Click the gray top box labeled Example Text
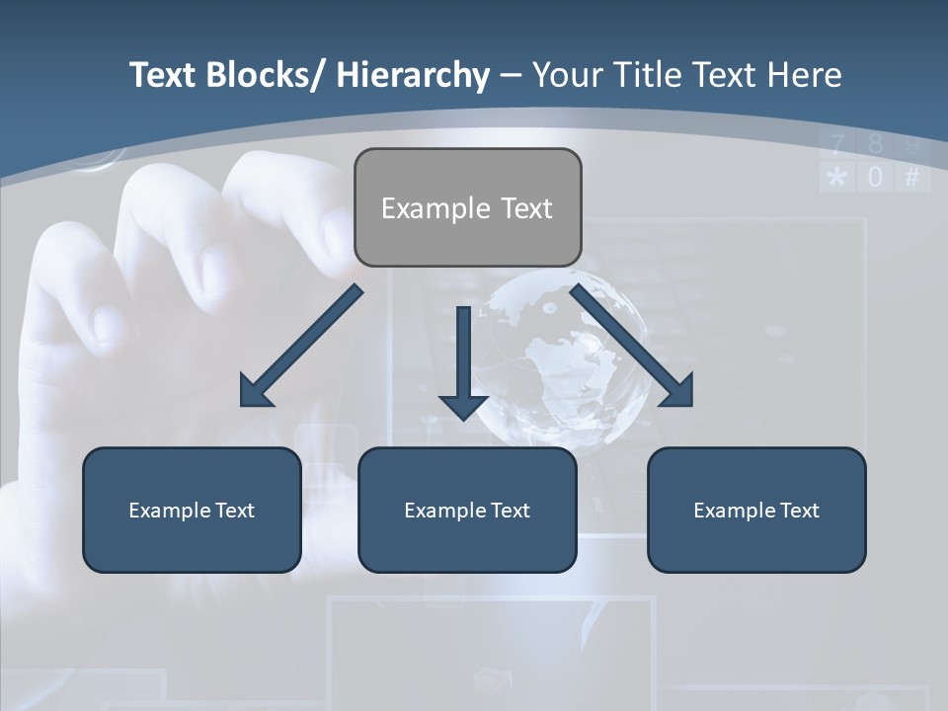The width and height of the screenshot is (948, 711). pos(467,207)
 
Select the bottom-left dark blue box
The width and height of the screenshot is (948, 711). pos(192,510)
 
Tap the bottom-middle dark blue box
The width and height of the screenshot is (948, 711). pos(467,510)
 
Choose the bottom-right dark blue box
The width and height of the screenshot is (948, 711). pos(756,510)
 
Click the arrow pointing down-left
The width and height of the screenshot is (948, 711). pos(301,346)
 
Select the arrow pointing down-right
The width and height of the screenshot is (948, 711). pos(632,346)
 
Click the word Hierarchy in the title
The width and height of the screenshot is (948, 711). pos(413,75)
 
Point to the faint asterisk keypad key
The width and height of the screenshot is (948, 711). pos(837,178)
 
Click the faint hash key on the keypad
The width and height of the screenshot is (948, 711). pos(912,178)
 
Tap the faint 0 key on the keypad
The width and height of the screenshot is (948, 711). pos(875,178)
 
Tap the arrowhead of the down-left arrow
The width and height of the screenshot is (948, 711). pos(256,391)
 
